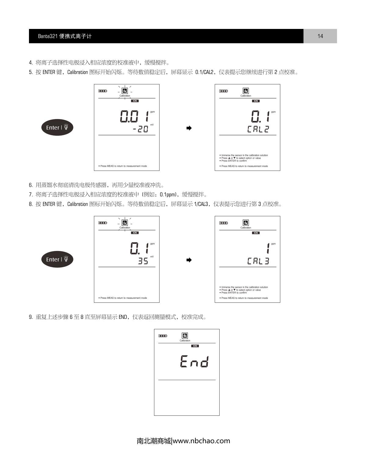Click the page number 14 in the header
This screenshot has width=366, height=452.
[320, 36]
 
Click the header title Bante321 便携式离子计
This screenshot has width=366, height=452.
[65, 36]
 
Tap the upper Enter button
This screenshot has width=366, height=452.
[57, 127]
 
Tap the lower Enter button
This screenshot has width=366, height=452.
[57, 260]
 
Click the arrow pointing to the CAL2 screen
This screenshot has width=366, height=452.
[189, 128]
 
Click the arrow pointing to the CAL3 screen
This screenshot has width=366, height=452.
[189, 260]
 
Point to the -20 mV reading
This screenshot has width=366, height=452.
[141, 129]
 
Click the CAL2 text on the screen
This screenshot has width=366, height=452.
[258, 129]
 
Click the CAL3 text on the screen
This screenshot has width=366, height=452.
[258, 261]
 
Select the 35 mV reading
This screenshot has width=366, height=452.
[143, 261]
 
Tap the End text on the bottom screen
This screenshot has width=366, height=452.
[194, 362]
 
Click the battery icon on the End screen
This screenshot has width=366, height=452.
[163, 336]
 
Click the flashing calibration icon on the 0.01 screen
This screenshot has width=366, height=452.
[124, 91]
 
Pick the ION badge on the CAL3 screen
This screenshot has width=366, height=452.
[256, 233]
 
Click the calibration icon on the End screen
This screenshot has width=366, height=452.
[185, 336]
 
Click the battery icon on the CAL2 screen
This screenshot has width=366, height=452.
[224, 91]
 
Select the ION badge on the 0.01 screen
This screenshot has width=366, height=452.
[135, 101]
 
